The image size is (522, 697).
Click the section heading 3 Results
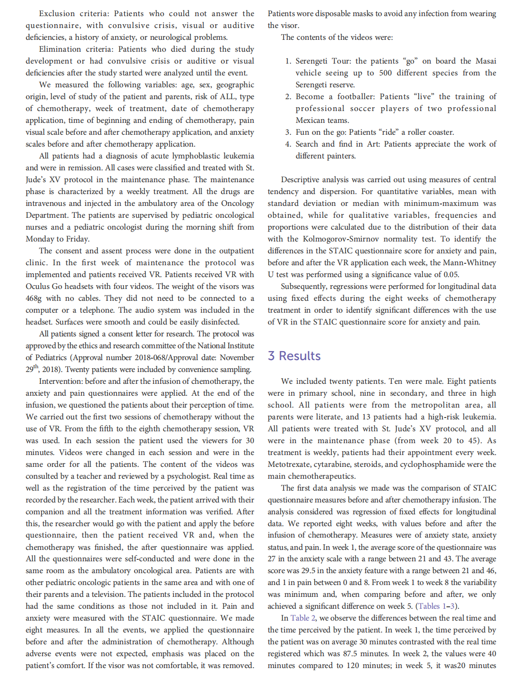click(x=294, y=356)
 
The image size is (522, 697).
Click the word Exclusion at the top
click(x=57, y=14)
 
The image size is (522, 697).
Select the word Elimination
click(x=60, y=49)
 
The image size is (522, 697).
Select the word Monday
click(x=39, y=239)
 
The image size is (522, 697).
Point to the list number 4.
click(x=288, y=144)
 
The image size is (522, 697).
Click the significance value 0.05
click(x=450, y=275)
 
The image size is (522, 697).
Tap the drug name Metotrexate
click(x=288, y=465)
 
